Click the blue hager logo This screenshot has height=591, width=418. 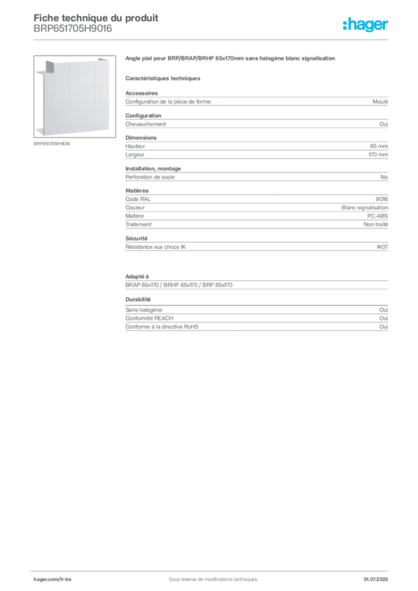(366, 25)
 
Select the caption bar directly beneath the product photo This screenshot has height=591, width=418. (53, 143)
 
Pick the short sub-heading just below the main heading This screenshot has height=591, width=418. (164, 78)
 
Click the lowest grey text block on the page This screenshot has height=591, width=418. (256, 319)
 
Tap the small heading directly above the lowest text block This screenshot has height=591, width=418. (139, 300)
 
